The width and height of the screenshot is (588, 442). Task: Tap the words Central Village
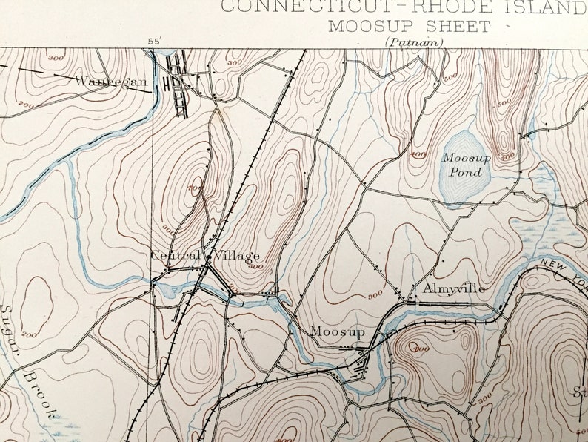pyautogui.click(x=205, y=256)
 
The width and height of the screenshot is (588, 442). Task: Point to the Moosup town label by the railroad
pyautogui.click(x=337, y=331)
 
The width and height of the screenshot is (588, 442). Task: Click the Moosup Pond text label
pyautogui.click(x=462, y=165)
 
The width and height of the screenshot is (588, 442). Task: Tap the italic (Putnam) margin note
pyautogui.click(x=414, y=42)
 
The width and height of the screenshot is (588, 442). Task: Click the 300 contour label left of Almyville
pyautogui.click(x=375, y=295)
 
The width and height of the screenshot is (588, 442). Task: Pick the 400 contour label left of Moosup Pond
pyautogui.click(x=418, y=154)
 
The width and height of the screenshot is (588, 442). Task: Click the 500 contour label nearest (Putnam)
pyautogui.click(x=449, y=76)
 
